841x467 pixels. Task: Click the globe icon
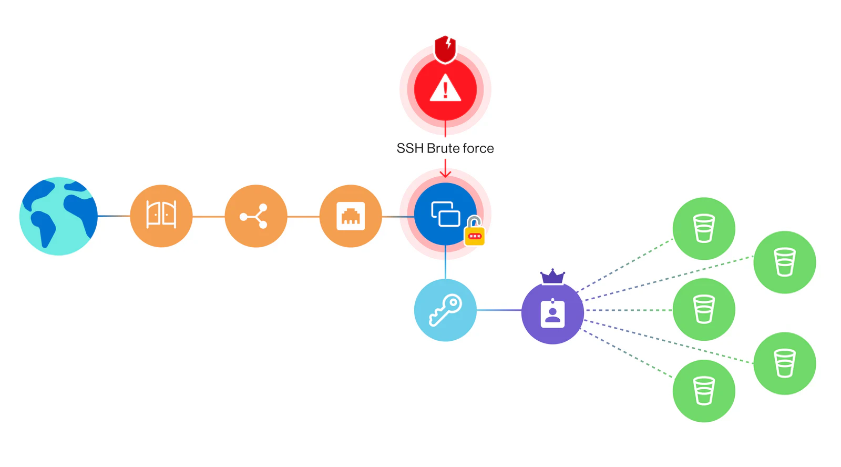[58, 216]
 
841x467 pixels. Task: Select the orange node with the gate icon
[161, 216]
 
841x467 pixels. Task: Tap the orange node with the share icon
[256, 216]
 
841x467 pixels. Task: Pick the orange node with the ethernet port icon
[351, 216]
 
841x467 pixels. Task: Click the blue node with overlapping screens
[445, 214]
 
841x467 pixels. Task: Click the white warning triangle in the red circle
[445, 88]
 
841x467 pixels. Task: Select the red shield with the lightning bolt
[445, 49]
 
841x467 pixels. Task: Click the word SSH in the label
[410, 148]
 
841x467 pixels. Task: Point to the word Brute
[443, 148]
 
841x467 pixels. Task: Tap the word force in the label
[478, 148]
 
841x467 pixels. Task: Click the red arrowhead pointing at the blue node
[445, 174]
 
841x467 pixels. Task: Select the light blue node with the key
[445, 310]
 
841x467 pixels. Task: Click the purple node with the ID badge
[552, 313]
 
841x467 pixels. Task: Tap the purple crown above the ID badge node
[552, 277]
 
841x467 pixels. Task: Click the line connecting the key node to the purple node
[499, 310]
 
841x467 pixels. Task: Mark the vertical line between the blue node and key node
[445, 262]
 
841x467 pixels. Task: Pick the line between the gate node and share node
[209, 216]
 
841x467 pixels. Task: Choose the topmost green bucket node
[704, 228]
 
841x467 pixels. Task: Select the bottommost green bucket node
[704, 391]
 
